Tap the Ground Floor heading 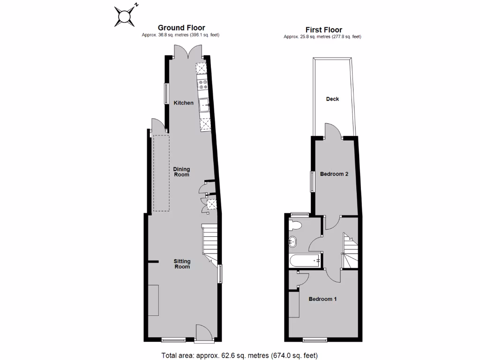181,28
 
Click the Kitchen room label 183,103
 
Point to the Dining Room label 181,172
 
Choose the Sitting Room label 182,264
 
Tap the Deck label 332,99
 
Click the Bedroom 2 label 334,174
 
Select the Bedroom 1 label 322,299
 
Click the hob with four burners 203,85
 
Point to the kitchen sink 204,104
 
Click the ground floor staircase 210,243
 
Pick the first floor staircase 350,251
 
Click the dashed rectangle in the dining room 161,173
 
